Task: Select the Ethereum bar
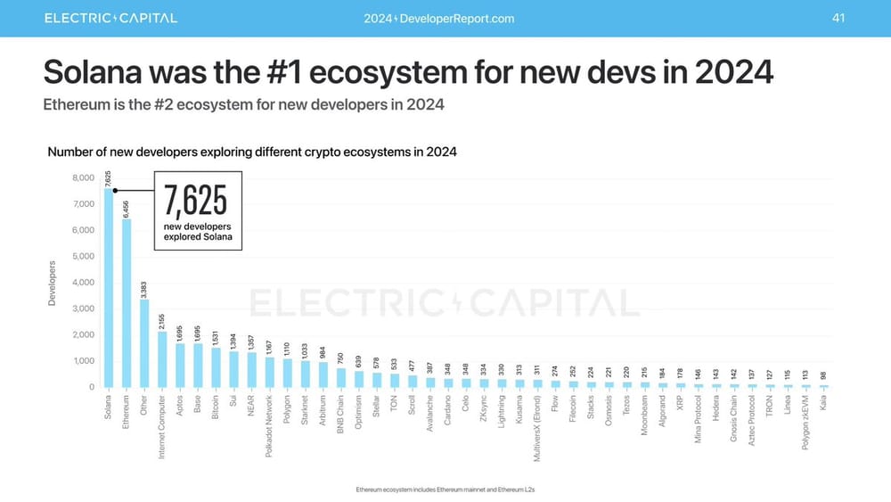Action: [127, 303]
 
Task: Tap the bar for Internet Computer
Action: [162, 359]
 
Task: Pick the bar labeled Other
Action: [144, 343]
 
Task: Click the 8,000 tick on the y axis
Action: [81, 178]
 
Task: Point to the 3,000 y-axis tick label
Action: [81, 309]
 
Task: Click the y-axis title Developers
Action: [51, 284]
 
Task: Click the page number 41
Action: [838, 18]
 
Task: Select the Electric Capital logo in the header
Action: [110, 18]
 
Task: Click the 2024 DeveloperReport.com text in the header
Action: [439, 19]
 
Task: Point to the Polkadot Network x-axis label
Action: [269, 427]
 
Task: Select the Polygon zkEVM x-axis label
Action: [806, 424]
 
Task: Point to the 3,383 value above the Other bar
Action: [144, 288]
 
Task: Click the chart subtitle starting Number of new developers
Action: [251, 152]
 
